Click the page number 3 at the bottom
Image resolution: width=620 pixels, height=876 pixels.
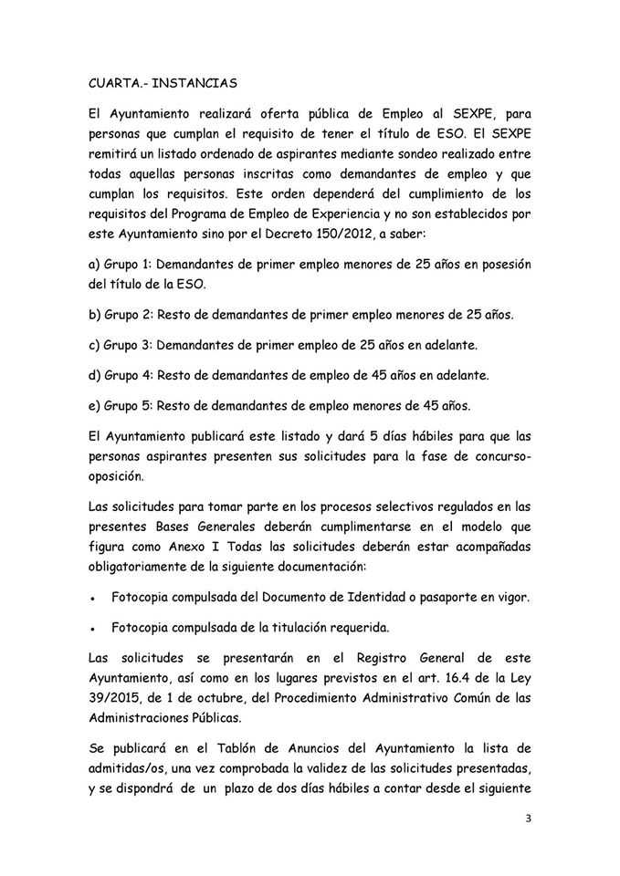pyautogui.click(x=529, y=819)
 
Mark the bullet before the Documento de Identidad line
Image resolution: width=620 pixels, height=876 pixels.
pyautogui.click(x=94, y=599)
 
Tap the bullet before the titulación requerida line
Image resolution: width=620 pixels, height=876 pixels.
pyautogui.click(x=94, y=629)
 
